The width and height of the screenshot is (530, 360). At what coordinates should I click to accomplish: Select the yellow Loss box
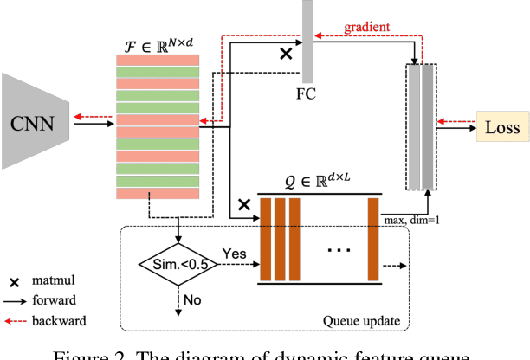tap(502, 128)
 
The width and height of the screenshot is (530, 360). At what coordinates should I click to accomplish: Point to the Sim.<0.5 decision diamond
tap(177, 262)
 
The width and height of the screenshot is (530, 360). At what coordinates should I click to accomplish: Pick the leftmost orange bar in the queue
tap(266, 240)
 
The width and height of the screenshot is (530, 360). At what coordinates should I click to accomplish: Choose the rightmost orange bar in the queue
tap(373, 240)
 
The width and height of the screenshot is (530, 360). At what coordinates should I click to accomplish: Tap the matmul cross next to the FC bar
tap(283, 53)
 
